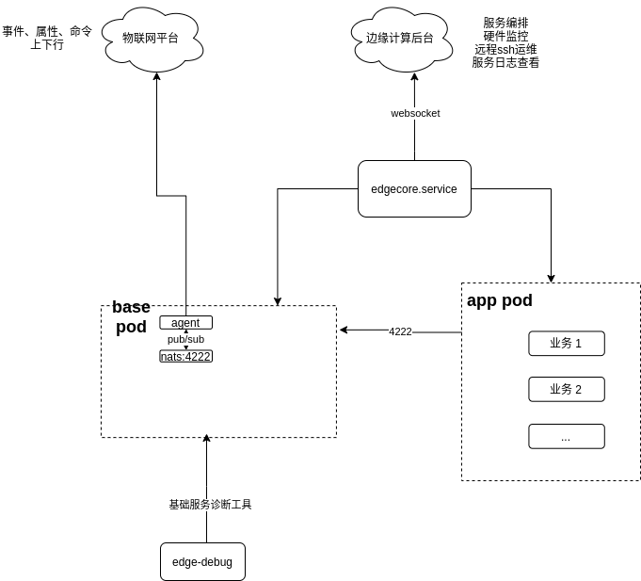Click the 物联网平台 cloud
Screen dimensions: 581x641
(151, 39)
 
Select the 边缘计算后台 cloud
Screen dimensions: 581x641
(399, 39)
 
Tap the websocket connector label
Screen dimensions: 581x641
(415, 113)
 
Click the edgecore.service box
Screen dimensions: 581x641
(414, 189)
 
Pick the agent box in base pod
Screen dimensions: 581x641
(185, 323)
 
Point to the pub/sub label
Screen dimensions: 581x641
(185, 339)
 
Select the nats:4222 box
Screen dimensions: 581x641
(185, 356)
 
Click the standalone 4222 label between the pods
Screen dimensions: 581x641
(400, 331)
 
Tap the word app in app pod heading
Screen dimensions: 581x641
(483, 301)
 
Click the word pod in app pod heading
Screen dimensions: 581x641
(518, 301)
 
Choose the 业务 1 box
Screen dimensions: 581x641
(566, 344)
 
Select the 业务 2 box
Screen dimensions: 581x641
(566, 389)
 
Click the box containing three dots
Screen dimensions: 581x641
(566, 437)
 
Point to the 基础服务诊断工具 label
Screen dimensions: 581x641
(210, 505)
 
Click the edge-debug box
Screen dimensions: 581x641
(202, 562)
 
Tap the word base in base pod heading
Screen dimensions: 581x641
(131, 309)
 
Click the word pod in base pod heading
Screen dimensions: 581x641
(131, 328)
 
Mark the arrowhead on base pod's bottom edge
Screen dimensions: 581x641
(206, 437)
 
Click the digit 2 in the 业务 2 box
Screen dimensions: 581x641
(578, 390)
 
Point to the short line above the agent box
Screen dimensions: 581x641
(185, 311)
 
